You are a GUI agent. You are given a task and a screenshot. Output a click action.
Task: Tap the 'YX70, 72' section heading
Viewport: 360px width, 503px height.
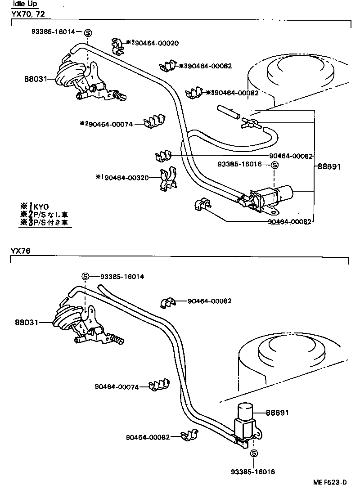point(27,14)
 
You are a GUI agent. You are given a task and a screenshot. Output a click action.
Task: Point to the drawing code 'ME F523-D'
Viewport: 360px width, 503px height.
point(330,495)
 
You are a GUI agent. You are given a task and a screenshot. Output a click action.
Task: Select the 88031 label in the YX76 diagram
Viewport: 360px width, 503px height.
point(26,323)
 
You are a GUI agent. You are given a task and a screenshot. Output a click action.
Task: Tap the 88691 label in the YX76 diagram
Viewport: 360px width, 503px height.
point(277,413)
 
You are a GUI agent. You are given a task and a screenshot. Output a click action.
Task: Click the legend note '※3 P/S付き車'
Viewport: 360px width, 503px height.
point(45,222)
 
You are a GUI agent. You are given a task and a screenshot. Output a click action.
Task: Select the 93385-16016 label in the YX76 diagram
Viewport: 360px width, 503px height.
point(252,472)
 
